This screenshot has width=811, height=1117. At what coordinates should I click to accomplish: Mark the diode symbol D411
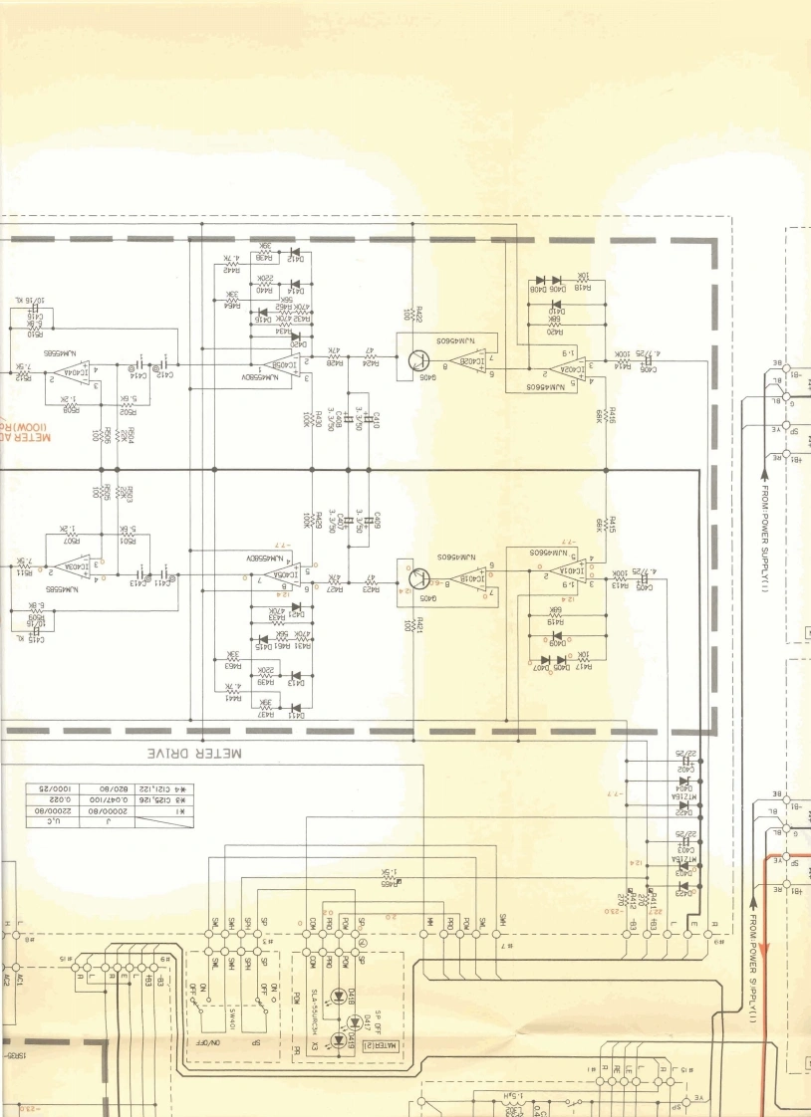pos(295,713)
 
